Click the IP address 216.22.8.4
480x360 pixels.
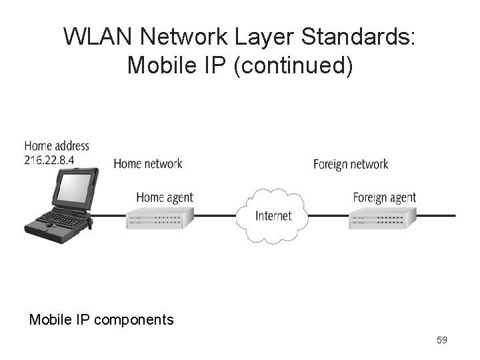pyautogui.click(x=49, y=159)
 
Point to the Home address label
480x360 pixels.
pyautogui.click(x=57, y=146)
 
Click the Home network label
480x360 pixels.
pyautogui.click(x=147, y=163)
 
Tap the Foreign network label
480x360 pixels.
pyautogui.click(x=351, y=164)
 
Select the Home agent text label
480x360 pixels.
pyautogui.click(x=164, y=197)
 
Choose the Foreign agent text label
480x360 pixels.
pyautogui.click(x=384, y=197)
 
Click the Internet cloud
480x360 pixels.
pyautogui.click(x=273, y=215)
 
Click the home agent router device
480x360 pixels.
pyautogui.click(x=159, y=217)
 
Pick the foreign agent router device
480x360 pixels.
pyautogui.click(x=382, y=217)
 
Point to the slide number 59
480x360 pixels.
pyautogui.click(x=441, y=341)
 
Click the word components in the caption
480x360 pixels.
pyautogui.click(x=134, y=320)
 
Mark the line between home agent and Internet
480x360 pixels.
pyautogui.click(x=217, y=216)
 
